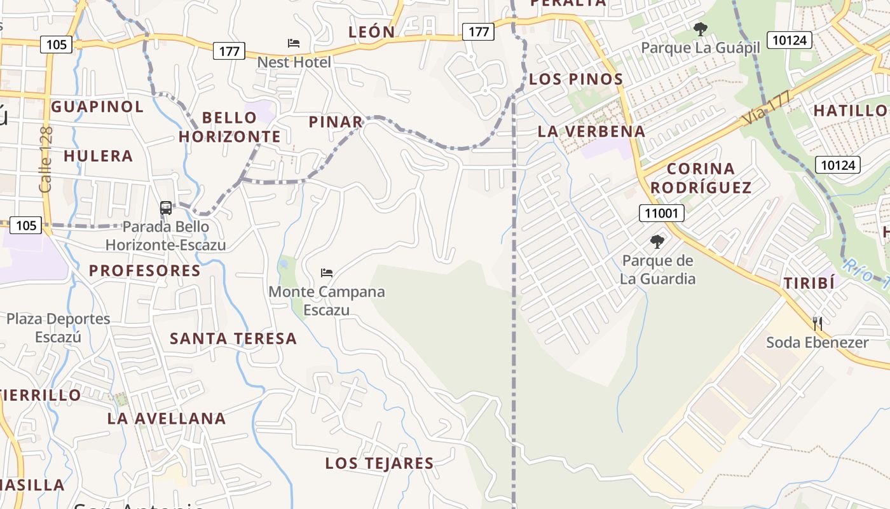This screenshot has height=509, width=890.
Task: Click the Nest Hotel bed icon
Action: click(294, 43)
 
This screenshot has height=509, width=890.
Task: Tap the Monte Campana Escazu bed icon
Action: click(327, 273)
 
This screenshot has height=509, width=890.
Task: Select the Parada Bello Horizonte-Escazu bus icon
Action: click(165, 208)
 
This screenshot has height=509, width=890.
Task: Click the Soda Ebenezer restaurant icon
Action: click(818, 323)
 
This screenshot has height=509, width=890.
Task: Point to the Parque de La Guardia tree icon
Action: click(657, 242)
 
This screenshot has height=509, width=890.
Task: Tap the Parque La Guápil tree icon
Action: click(701, 29)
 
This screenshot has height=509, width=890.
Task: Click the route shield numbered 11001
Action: click(661, 213)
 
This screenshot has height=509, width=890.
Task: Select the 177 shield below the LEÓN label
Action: click(229, 51)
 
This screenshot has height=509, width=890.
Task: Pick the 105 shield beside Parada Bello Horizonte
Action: click(26, 225)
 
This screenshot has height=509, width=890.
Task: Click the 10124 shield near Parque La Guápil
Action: click(790, 40)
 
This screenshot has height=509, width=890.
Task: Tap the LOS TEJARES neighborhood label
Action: click(380, 463)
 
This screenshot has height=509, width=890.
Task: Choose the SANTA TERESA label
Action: click(233, 338)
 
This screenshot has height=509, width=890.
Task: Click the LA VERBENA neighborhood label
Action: click(591, 132)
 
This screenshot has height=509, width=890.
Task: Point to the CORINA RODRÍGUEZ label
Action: click(701, 178)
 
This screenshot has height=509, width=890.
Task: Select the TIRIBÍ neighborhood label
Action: click(809, 284)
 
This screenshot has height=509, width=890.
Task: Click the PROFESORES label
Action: click(145, 270)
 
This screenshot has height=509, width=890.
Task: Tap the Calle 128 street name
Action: click(46, 159)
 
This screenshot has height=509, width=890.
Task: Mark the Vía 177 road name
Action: click(766, 109)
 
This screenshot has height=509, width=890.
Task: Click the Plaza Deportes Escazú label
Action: click(58, 328)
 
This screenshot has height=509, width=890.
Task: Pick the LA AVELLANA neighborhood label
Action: click(167, 418)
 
